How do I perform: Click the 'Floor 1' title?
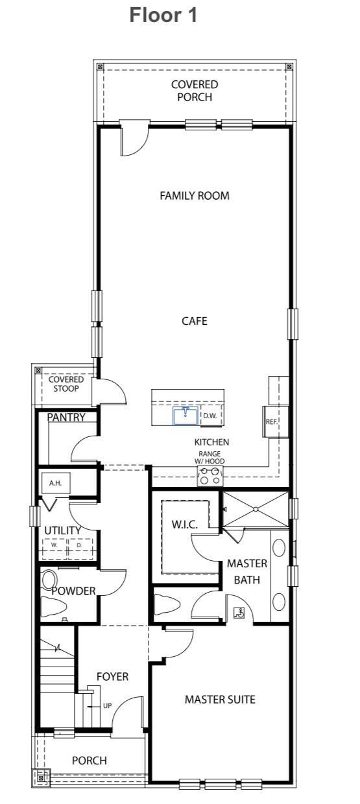[x=163, y=16]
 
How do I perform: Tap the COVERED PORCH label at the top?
[x=195, y=91]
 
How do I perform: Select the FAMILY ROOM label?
[x=195, y=196]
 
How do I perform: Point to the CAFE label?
[x=195, y=320]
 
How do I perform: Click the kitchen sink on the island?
[x=186, y=415]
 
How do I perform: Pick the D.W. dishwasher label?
[x=210, y=416]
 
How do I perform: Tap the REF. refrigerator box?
[x=270, y=421]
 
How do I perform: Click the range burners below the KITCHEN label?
[x=210, y=476]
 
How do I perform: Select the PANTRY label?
[x=66, y=417]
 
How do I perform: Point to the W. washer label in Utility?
[x=55, y=545]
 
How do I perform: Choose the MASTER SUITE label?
[x=220, y=699]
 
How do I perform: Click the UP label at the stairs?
[x=106, y=705]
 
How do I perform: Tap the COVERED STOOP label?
[x=66, y=384]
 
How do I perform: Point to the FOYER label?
[x=112, y=676]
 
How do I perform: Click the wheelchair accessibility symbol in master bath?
[x=238, y=611]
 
